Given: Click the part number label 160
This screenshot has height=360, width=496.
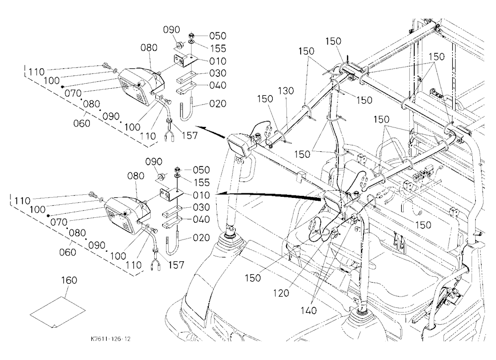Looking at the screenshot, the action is point(69,280).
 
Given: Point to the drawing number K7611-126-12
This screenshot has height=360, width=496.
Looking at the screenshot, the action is point(111,339).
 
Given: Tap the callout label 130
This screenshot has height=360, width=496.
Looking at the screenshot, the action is point(286,91).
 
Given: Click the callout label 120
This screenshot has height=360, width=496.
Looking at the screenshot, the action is point(281,293).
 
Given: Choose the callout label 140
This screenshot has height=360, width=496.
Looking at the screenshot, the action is point(309,310).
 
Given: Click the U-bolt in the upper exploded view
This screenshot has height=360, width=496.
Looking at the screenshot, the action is point(187,110).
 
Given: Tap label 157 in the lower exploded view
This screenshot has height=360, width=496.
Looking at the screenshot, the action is point(176,265).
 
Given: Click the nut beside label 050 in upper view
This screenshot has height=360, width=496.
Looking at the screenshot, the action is point(191,35).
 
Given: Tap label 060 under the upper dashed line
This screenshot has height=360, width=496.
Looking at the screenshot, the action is point(82,123).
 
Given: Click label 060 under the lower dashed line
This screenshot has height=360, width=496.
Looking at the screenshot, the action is point(67,252).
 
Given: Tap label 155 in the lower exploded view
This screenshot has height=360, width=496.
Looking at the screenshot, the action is point(202,182).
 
